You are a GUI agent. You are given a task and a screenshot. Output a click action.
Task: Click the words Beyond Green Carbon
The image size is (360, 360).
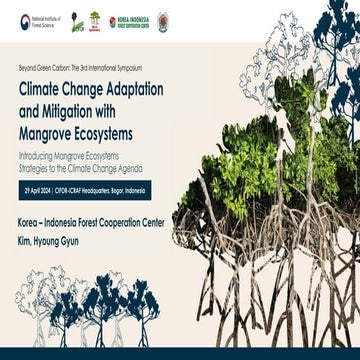43,66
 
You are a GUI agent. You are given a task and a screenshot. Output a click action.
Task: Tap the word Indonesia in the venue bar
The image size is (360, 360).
181,188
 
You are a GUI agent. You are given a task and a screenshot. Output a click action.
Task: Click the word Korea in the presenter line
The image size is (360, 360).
31,213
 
